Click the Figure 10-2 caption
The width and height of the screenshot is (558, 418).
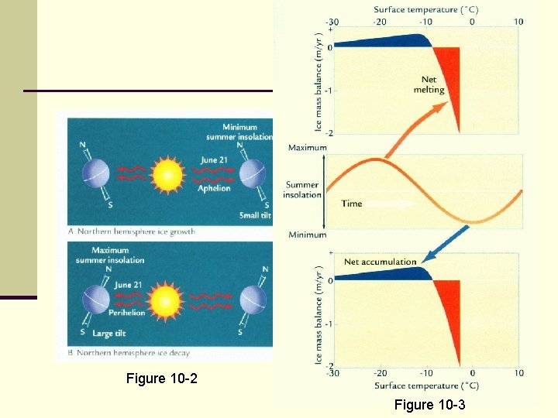[x=157, y=379]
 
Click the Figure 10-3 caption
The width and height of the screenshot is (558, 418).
[x=430, y=404]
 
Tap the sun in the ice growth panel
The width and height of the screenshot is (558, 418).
[x=167, y=174]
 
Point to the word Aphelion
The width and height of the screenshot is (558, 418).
[x=215, y=188]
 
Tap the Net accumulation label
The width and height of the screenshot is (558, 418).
[x=380, y=262]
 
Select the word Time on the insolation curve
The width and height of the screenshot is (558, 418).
[x=352, y=204]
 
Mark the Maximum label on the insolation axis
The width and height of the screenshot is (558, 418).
[x=307, y=147]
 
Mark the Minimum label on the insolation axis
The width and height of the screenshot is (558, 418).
[x=307, y=235]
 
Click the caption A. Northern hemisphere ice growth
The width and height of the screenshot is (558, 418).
[x=132, y=231]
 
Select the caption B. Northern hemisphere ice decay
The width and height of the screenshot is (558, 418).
[x=131, y=355]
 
